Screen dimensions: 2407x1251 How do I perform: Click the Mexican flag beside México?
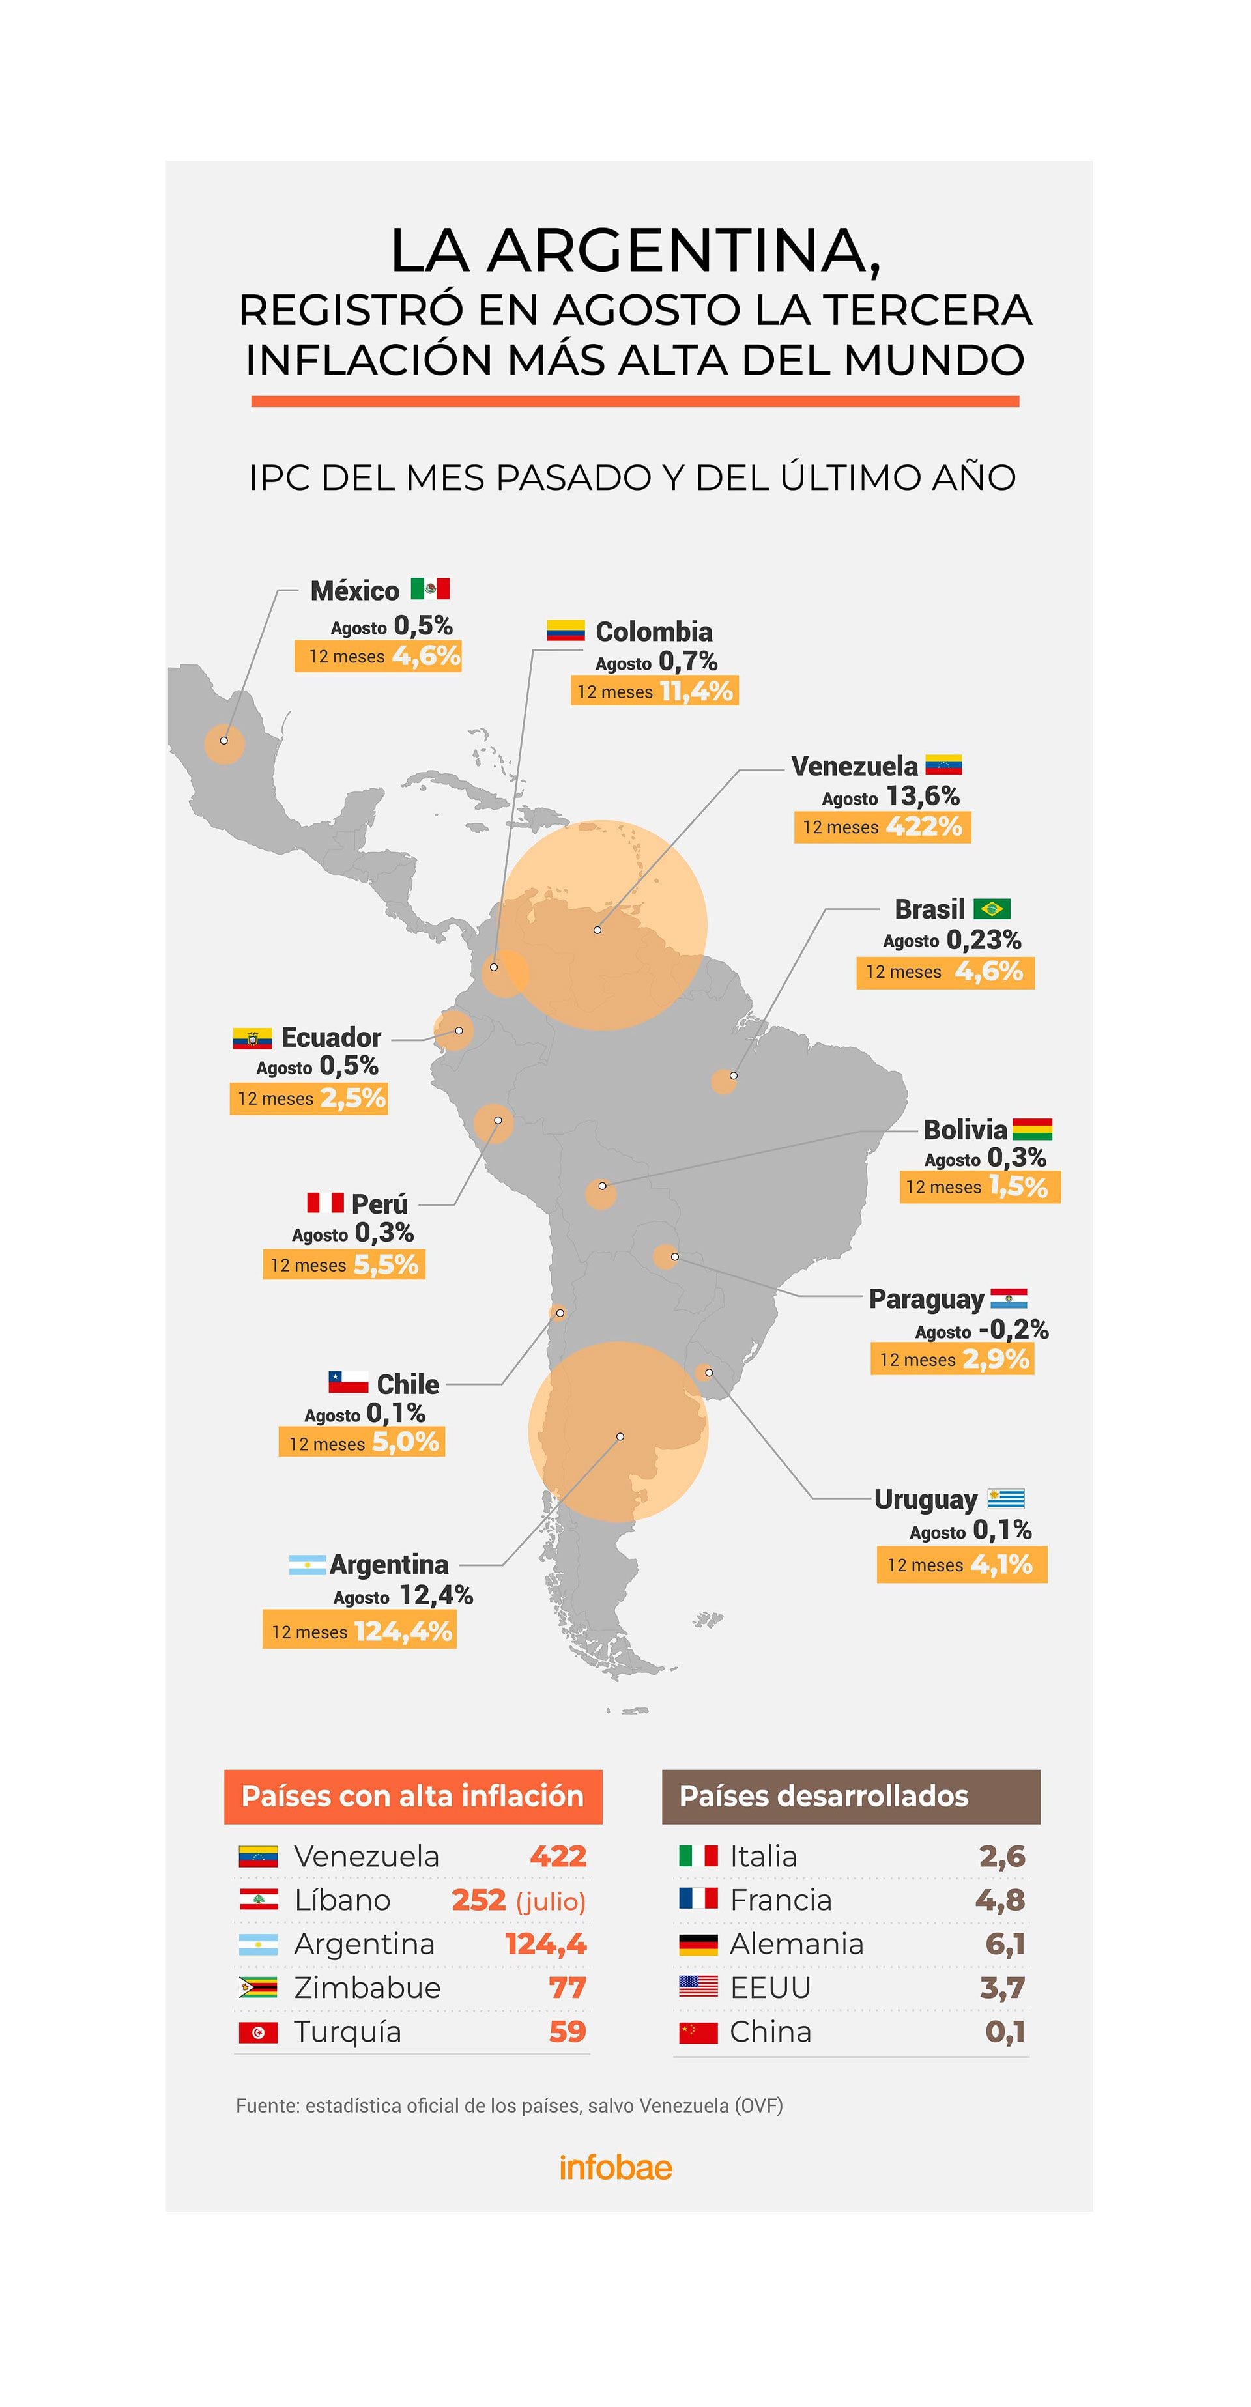430,589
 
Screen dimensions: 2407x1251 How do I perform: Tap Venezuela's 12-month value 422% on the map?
923,827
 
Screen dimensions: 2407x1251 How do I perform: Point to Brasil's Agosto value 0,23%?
983,939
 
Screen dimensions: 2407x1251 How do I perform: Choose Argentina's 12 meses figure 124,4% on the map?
403,1631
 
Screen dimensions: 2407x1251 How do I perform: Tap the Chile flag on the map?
347,1382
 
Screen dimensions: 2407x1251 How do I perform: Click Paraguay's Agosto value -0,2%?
1013,1330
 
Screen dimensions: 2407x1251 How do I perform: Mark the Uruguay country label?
925,1500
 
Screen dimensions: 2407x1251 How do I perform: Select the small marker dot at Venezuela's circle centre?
597,930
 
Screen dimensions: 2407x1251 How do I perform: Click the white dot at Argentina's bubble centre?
620,1436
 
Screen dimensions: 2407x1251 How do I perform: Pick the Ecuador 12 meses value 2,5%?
352,1098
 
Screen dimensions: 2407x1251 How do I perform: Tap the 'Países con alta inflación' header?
413,1796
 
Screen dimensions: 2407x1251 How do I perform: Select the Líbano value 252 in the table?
478,1900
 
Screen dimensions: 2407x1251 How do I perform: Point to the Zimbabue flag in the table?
258,1987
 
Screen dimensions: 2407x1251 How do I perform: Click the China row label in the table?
770,2031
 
